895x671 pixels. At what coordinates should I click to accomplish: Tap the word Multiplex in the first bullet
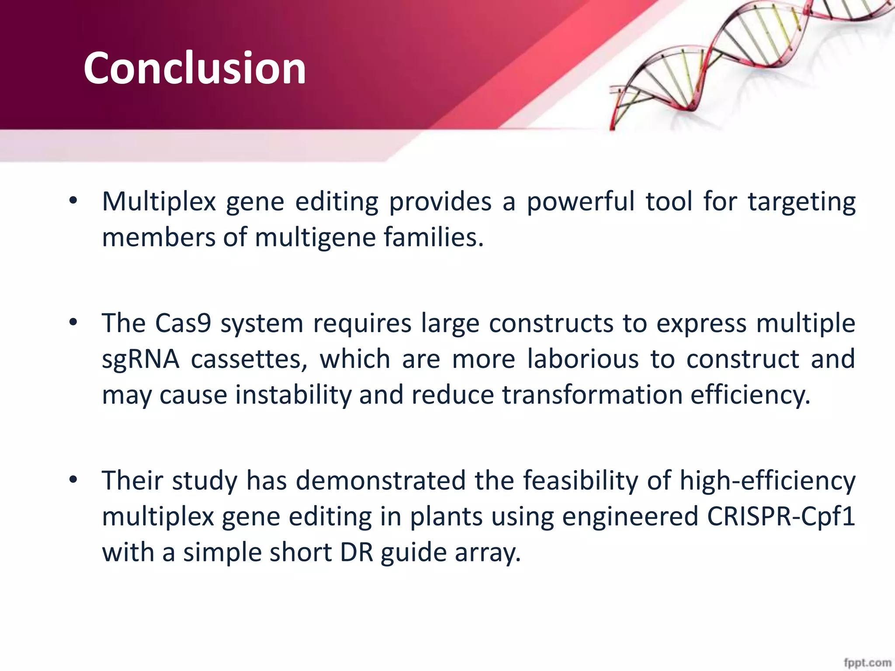[x=159, y=202]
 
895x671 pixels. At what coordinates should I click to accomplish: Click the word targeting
[x=801, y=202]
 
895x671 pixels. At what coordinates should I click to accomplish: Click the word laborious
[x=583, y=360]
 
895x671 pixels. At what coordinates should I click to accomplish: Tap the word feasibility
[x=580, y=481]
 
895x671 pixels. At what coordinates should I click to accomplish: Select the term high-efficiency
[x=767, y=481]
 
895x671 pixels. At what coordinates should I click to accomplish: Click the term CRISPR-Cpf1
[x=781, y=517]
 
